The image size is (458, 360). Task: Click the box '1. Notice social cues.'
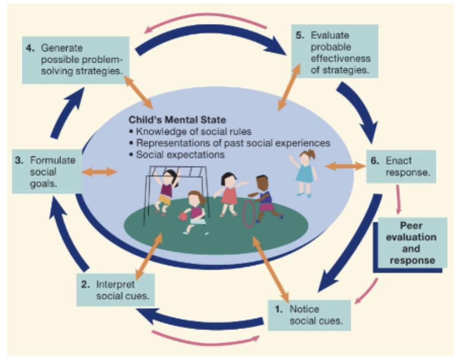pyautogui.click(x=309, y=315)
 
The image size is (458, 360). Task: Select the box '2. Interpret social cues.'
pyautogui.click(x=116, y=290)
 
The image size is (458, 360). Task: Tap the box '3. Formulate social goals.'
pyautogui.click(x=47, y=172)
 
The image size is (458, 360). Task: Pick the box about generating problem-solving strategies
pyautogui.click(x=76, y=60)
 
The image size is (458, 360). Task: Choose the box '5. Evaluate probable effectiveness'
pyautogui.click(x=335, y=51)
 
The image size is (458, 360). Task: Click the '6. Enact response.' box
pyautogui.click(x=401, y=166)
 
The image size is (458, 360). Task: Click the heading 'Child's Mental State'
pyautogui.click(x=177, y=120)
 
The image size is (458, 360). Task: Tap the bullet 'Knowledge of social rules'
pyautogui.click(x=190, y=132)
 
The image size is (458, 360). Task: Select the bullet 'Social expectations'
pyautogui.click(x=177, y=154)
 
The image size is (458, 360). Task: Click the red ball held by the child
pyautogui.click(x=183, y=216)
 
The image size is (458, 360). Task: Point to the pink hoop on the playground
pyautogui.click(x=249, y=214)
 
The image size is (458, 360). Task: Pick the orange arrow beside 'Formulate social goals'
pyautogui.click(x=99, y=172)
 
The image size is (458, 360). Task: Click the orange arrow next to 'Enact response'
pyautogui.click(x=345, y=166)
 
